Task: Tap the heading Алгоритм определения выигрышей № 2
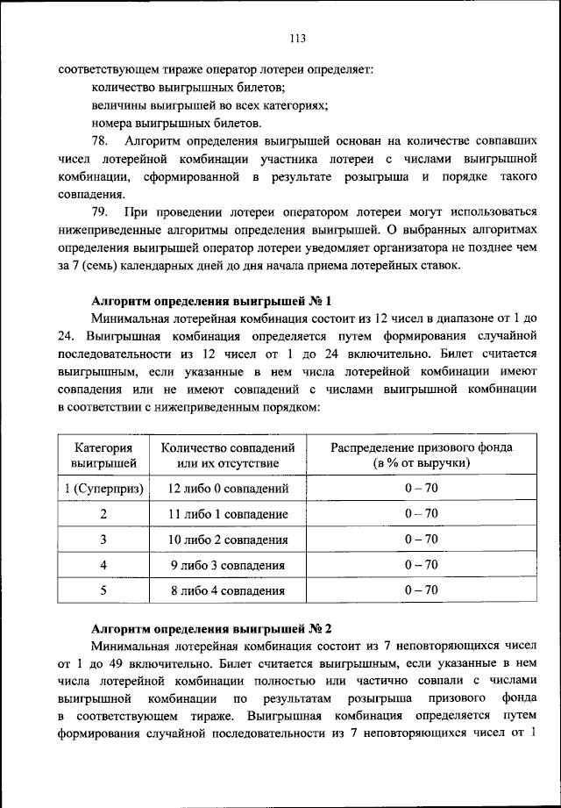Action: point(212,629)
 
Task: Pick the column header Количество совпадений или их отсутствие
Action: point(228,454)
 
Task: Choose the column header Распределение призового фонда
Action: point(422,454)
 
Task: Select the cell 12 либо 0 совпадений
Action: point(228,488)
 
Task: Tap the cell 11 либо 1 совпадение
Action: point(228,514)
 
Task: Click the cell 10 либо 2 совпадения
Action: point(228,540)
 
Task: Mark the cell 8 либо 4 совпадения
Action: point(228,591)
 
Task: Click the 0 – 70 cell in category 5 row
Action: point(422,591)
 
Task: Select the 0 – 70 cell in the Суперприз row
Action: point(422,488)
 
